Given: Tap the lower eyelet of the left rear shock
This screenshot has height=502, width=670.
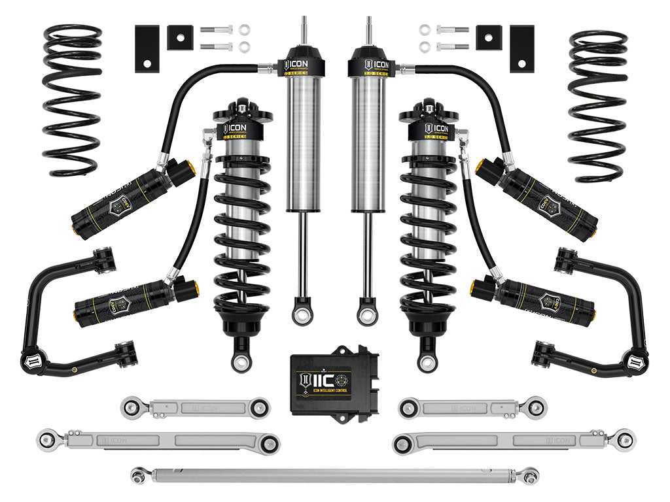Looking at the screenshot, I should pyautogui.click(x=302, y=316).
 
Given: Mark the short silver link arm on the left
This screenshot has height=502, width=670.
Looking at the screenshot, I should pyautogui.click(x=195, y=407).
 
